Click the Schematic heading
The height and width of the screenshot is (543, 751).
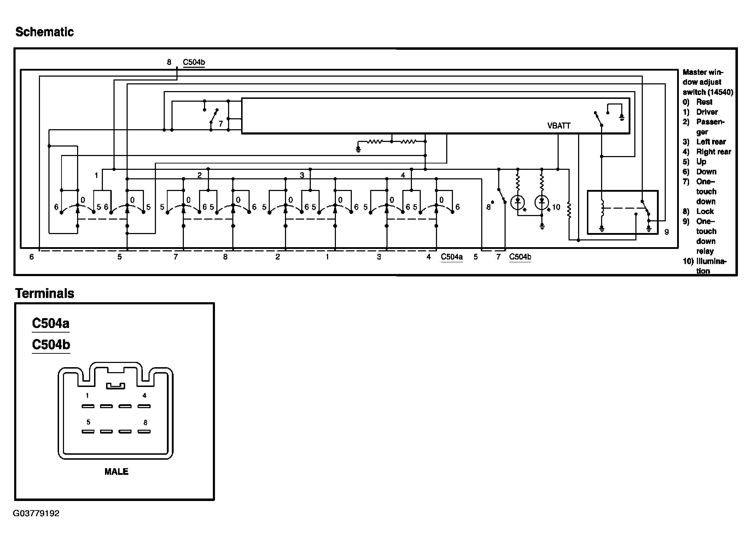pyautogui.click(x=45, y=32)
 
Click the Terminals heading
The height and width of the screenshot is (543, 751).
pyautogui.click(x=45, y=293)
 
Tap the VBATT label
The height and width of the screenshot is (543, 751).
pyautogui.click(x=559, y=126)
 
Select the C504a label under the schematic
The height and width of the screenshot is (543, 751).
pyautogui.click(x=452, y=257)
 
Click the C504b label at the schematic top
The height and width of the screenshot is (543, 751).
pyautogui.click(x=194, y=62)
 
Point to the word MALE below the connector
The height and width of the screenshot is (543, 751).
pyautogui.click(x=116, y=472)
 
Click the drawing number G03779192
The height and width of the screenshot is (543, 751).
pyautogui.click(x=36, y=513)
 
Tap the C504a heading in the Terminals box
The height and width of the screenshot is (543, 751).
pyautogui.click(x=51, y=323)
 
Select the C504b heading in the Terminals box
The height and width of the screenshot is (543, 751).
pyautogui.click(x=51, y=345)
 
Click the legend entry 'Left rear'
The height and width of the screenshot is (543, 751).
pyautogui.click(x=711, y=142)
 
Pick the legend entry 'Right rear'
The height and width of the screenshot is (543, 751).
pyautogui.click(x=714, y=152)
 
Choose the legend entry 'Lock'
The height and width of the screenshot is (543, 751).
pyautogui.click(x=705, y=211)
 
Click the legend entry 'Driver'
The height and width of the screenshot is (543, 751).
pyautogui.click(x=707, y=112)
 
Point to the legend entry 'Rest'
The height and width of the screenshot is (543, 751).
pyautogui.click(x=704, y=102)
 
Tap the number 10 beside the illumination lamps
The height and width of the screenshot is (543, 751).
pyautogui.click(x=556, y=207)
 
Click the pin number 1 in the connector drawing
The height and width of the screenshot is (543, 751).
pyautogui.click(x=87, y=395)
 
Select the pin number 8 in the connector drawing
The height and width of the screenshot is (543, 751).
pyautogui.click(x=145, y=423)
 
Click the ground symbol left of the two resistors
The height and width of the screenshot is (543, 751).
pyautogui.click(x=358, y=149)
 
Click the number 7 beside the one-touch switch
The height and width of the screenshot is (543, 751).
pyautogui.click(x=221, y=124)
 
